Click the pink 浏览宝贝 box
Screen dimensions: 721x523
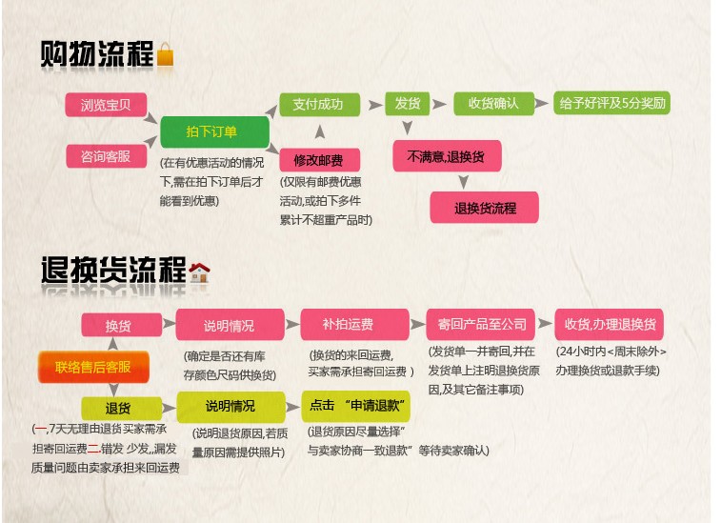pyautogui.click(x=105, y=104)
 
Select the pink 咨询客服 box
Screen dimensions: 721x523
pyautogui.click(x=105, y=155)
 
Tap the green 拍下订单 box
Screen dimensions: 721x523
pyautogui.click(x=212, y=131)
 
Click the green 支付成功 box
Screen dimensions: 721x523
pyautogui.click(x=318, y=104)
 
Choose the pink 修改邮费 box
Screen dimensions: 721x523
pyautogui.click(x=318, y=158)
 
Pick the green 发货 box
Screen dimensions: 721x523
pyautogui.click(x=408, y=104)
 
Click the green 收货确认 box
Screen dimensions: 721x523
pyautogui.click(x=493, y=104)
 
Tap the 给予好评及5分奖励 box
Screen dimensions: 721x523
pyautogui.click(x=611, y=104)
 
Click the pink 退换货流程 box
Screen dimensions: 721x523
pyautogui.click(x=484, y=208)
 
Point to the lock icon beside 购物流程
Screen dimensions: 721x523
pyautogui.click(x=166, y=54)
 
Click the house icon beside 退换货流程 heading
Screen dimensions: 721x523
pyautogui.click(x=199, y=272)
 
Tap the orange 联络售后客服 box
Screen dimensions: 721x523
pyautogui.click(x=92, y=367)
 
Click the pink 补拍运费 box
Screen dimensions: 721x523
pyautogui.click(x=354, y=325)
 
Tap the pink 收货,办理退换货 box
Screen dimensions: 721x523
pyautogui.click(x=610, y=325)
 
